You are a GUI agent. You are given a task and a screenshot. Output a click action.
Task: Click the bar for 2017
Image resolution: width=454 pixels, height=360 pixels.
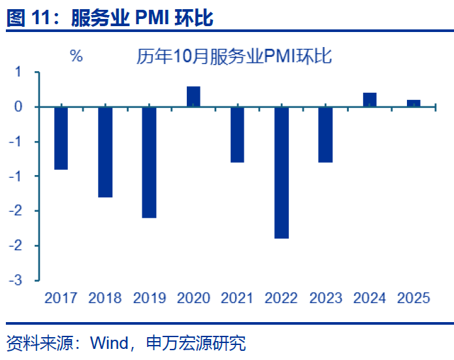coord(61,138)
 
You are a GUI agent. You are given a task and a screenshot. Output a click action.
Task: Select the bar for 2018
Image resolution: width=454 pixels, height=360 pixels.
coord(105,152)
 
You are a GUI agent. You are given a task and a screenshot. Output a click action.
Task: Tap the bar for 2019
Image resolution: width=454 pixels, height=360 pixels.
coord(149,162)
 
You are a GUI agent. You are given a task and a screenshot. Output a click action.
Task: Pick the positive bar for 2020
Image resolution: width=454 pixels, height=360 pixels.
coord(193,97)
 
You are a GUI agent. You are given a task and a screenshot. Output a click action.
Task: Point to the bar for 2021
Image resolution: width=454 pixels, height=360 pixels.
coord(237,135)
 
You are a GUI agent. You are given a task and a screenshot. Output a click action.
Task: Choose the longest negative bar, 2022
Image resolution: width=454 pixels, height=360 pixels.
coord(282,172)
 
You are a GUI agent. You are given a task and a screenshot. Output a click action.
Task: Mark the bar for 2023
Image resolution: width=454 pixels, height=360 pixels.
coord(325,135)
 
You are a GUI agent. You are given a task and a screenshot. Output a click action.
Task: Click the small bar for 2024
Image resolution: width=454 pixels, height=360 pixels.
coord(370,100)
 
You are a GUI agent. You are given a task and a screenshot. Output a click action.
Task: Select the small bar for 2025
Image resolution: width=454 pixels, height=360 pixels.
coord(413,103)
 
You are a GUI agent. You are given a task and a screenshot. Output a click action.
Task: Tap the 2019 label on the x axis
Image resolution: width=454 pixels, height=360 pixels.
coord(149,298)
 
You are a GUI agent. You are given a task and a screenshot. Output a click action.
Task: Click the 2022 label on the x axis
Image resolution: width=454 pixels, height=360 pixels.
coord(282,298)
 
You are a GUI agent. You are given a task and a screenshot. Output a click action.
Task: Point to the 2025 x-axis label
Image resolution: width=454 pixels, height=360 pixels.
coord(413,298)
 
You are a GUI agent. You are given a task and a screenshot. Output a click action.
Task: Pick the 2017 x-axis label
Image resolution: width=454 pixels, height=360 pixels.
coord(61,298)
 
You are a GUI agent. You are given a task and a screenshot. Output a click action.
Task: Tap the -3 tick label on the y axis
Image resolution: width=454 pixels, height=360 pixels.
coord(16,280)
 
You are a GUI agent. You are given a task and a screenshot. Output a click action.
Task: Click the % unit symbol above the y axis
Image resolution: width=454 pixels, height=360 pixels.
coord(76,56)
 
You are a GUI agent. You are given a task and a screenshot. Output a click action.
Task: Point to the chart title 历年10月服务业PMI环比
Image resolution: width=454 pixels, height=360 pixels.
coord(234,56)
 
